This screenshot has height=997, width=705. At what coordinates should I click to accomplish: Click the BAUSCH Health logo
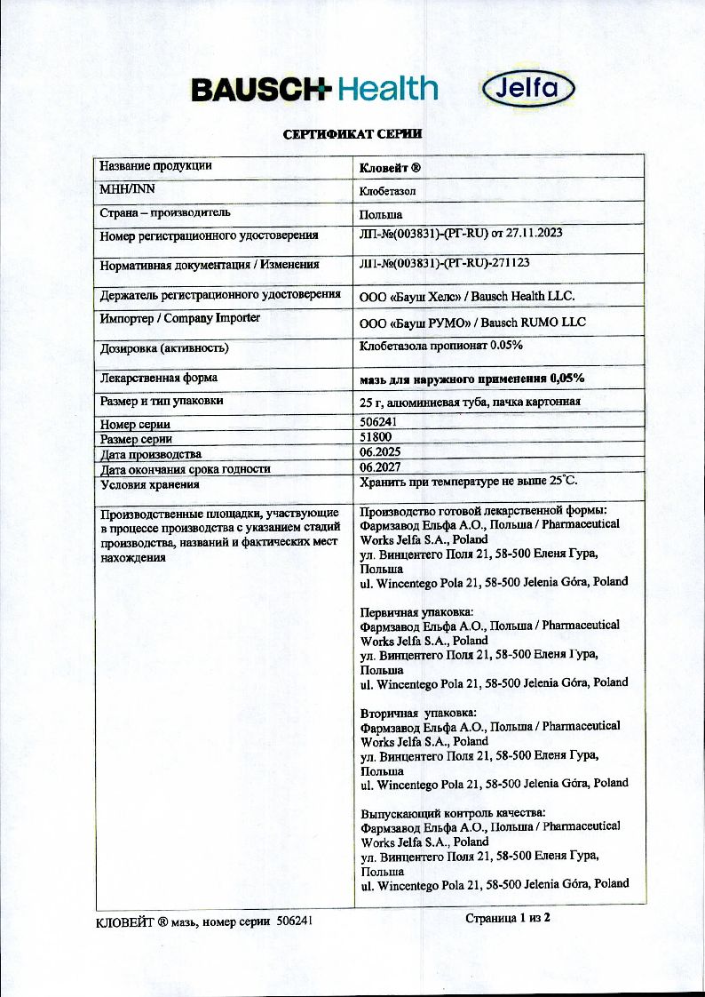[x=314, y=88]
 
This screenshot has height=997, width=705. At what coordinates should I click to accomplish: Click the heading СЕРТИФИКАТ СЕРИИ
[x=352, y=134]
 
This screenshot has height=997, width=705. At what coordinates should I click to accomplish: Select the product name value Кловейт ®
[x=389, y=167]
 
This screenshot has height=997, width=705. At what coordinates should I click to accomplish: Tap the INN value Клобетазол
[x=388, y=190]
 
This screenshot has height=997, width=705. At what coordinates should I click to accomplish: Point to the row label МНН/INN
[x=129, y=189]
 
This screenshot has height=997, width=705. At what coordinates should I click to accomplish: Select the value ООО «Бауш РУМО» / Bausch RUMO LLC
[x=471, y=322]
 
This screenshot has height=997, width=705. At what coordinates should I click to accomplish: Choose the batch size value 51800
[x=375, y=438]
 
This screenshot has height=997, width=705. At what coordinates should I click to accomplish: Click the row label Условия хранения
[x=150, y=485]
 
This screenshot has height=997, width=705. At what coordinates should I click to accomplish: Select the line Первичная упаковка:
[x=416, y=611]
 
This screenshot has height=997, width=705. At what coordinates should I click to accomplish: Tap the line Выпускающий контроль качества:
[x=453, y=813]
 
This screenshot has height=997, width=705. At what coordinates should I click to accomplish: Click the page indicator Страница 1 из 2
[x=508, y=918]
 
